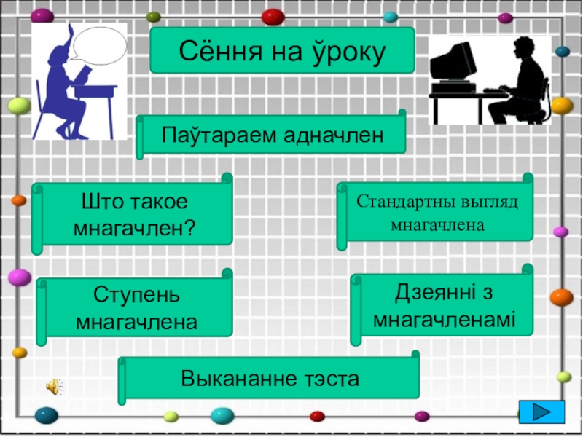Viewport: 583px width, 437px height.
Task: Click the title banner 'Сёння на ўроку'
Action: (281, 51)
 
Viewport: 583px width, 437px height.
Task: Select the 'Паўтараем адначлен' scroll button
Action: (272, 135)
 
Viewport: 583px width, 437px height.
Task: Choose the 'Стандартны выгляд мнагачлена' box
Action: (437, 212)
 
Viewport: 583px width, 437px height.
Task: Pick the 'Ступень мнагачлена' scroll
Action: (136, 308)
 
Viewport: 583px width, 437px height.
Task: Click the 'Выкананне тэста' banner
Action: (270, 379)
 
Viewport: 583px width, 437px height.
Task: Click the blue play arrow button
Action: (542, 411)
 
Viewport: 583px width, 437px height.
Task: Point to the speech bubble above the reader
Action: (100, 45)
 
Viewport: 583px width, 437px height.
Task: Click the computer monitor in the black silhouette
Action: (453, 61)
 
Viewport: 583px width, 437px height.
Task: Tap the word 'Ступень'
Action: (136, 296)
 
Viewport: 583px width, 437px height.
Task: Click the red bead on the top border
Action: (273, 16)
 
